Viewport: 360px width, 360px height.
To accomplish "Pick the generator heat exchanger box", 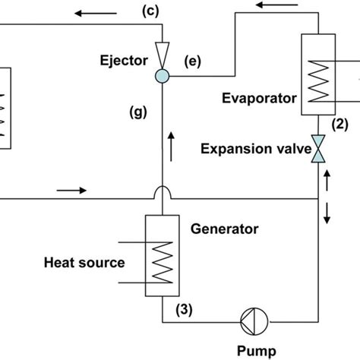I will (163, 257).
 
